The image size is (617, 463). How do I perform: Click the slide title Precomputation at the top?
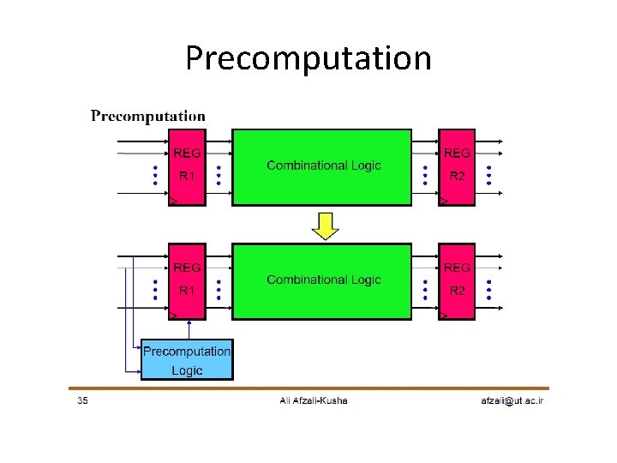(x=308, y=58)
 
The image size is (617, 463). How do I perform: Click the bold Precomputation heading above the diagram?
(x=148, y=116)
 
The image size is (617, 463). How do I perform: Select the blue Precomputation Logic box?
(x=187, y=360)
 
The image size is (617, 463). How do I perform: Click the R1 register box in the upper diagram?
(x=187, y=167)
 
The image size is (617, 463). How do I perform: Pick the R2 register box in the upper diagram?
(x=457, y=167)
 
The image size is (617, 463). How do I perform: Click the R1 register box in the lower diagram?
(x=187, y=281)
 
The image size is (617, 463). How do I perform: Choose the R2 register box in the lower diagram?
(x=457, y=281)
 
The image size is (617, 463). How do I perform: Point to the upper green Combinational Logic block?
(x=322, y=167)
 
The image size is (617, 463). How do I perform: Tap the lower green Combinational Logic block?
(x=322, y=281)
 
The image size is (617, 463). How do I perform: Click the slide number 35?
(x=81, y=400)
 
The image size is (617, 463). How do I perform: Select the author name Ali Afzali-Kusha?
(x=314, y=400)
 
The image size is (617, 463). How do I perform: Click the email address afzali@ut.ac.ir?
(x=512, y=400)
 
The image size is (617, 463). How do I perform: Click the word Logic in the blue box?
(x=187, y=370)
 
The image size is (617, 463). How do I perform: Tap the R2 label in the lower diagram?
(x=458, y=291)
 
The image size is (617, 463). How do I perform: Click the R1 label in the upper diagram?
(x=187, y=177)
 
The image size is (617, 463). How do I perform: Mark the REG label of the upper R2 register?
(x=457, y=153)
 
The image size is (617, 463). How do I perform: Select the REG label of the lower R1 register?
(x=187, y=267)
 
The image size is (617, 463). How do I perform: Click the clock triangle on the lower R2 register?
(x=444, y=316)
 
